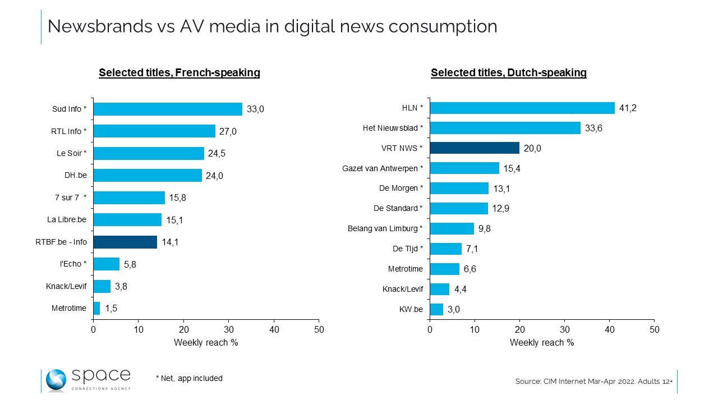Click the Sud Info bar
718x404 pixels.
[168, 109]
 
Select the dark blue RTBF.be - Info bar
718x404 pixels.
[125, 242]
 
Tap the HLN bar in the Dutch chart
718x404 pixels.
[522, 108]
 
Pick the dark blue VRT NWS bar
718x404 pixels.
[475, 148]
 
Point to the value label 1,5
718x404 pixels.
[111, 309]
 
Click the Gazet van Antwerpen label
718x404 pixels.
[383, 168]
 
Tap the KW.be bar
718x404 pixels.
[436, 309]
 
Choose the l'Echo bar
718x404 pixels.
[107, 264]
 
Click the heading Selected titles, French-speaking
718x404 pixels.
[179, 73]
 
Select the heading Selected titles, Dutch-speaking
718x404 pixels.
[509, 73]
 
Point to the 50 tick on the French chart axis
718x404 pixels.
[319, 329]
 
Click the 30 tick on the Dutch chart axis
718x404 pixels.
[565, 329]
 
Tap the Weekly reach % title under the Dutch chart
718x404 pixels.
[542, 342]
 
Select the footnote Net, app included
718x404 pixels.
[189, 379]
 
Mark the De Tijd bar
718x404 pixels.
[446, 249]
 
